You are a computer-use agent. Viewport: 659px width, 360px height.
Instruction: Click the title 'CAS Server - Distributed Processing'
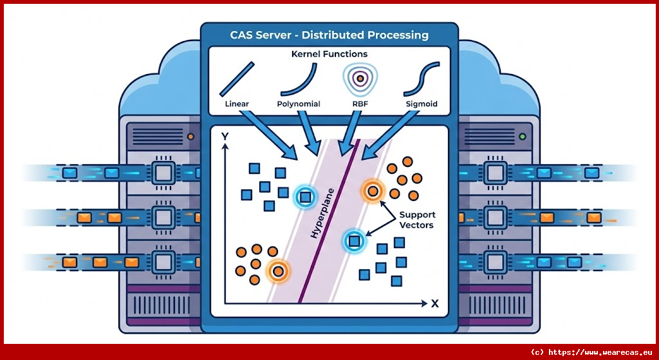coord(329,35)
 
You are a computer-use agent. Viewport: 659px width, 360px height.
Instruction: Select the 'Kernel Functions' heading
coord(329,54)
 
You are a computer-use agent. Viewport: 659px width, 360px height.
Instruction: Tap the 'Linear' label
coord(237,104)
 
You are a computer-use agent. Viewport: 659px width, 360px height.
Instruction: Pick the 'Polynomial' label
coord(299,104)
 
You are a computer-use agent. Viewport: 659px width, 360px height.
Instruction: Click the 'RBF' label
coord(360,104)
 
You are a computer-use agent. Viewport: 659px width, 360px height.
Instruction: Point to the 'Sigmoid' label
coord(421,104)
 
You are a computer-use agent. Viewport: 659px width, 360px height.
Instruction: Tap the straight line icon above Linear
coord(237,79)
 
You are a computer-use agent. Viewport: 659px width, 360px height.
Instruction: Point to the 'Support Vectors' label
coord(417,220)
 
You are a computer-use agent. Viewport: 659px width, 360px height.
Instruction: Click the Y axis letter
coord(224,137)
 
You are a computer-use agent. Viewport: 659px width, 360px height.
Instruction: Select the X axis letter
coord(435,303)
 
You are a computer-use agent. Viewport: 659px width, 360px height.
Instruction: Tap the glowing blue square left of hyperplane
coord(304,196)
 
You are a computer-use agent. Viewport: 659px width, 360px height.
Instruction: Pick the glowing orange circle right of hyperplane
coord(372,191)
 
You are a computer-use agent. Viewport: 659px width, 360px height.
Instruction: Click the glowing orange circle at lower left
coord(278,271)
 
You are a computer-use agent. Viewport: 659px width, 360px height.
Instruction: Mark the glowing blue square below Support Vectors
coord(353,242)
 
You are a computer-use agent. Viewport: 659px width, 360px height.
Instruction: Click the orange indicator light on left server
coord(190,137)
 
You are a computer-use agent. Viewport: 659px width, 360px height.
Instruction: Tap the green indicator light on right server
coord(522,137)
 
